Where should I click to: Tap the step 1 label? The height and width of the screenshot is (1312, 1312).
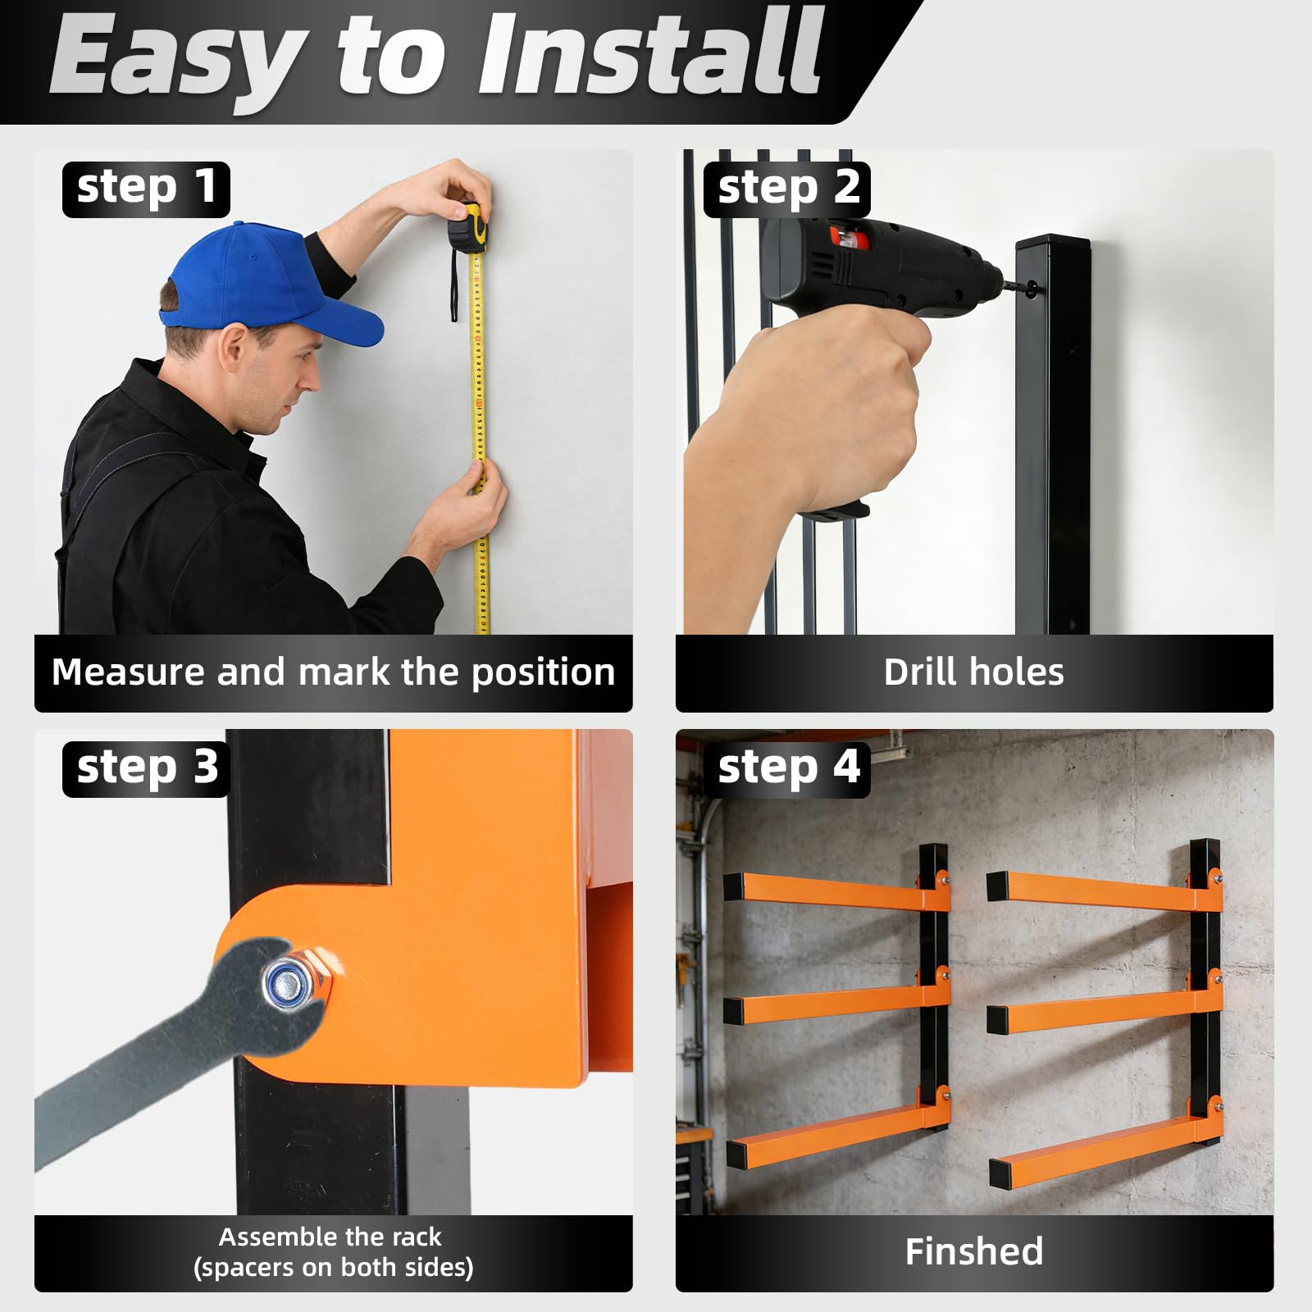[x=146, y=189]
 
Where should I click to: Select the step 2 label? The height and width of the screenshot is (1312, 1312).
[x=787, y=189]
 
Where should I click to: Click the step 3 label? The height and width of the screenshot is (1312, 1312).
[x=146, y=769]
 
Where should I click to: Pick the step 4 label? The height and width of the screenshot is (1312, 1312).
[x=787, y=769]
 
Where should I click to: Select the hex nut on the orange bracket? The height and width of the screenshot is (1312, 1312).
[x=297, y=981]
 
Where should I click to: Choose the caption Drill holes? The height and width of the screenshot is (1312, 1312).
[x=974, y=672]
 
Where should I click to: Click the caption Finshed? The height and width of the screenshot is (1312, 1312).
[x=974, y=1252]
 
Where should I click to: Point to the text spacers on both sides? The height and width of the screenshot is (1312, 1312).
[x=334, y=1268]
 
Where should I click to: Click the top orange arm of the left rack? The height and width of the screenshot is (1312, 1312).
[x=836, y=891]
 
